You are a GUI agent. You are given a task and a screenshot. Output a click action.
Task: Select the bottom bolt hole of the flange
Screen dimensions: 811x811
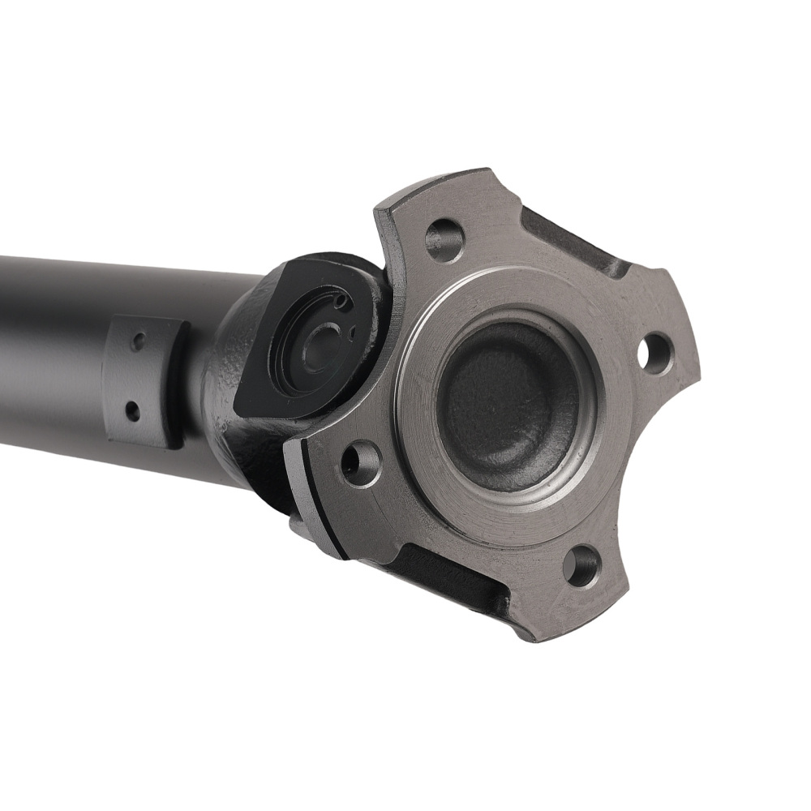[x=581, y=565]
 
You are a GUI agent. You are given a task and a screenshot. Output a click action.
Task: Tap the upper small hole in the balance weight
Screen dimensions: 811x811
[x=138, y=341]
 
